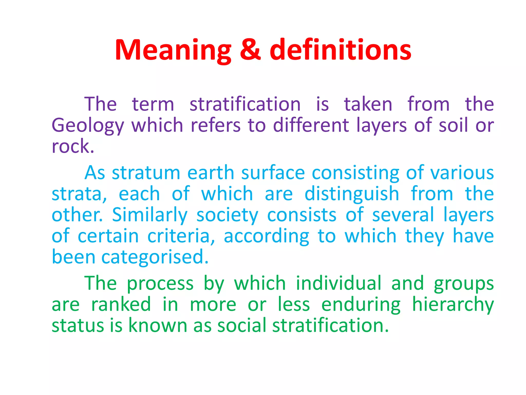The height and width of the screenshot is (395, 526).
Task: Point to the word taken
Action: [x=368, y=104]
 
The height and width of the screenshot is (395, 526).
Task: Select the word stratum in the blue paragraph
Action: [x=146, y=173]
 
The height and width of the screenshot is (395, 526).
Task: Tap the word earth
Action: [x=211, y=173]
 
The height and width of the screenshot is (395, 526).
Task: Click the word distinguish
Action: [x=352, y=194]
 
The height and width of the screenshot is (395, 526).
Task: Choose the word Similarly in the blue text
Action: [x=150, y=215]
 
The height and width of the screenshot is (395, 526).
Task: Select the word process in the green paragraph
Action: [x=160, y=284]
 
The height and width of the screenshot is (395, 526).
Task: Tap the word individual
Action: [x=339, y=283]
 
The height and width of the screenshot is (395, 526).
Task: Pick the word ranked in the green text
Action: [x=121, y=304]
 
